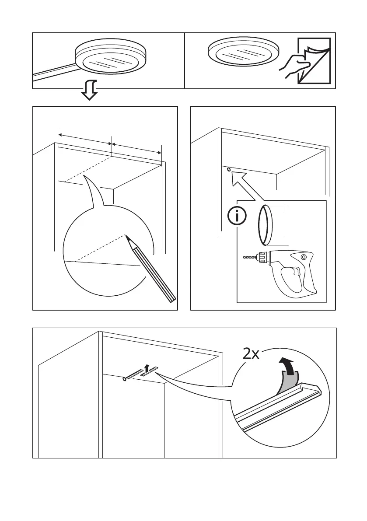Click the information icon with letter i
237,217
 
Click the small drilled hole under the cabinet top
229,168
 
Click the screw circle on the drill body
303,262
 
